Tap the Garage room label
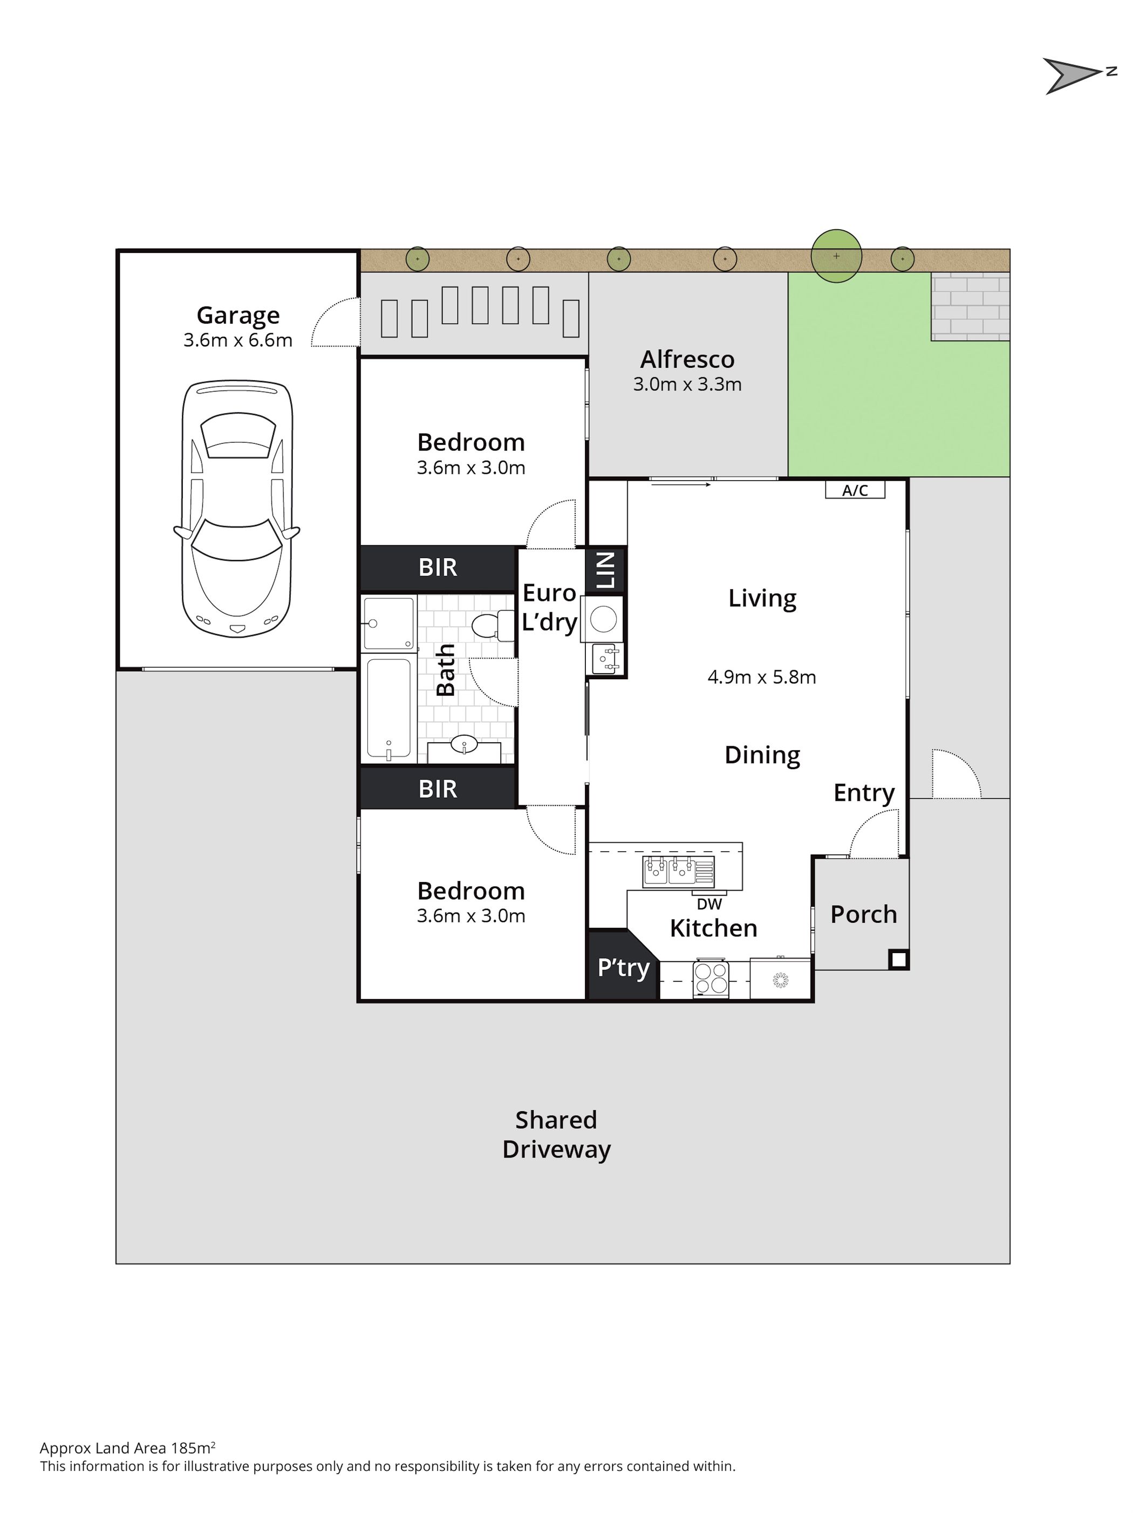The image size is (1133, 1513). [x=238, y=316]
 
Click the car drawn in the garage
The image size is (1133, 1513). [x=237, y=509]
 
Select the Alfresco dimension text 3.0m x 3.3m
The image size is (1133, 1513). [x=687, y=385]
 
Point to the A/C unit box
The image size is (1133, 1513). [x=855, y=490]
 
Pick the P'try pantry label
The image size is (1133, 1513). [x=623, y=968]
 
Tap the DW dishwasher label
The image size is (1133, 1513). [x=709, y=903]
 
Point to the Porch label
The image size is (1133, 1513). [x=863, y=914]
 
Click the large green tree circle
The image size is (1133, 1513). [x=836, y=256]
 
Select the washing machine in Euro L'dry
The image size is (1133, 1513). [x=603, y=619]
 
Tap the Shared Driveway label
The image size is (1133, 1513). [x=556, y=1134]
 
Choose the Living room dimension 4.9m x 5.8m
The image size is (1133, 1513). [x=761, y=677]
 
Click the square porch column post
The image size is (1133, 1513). [x=898, y=960]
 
